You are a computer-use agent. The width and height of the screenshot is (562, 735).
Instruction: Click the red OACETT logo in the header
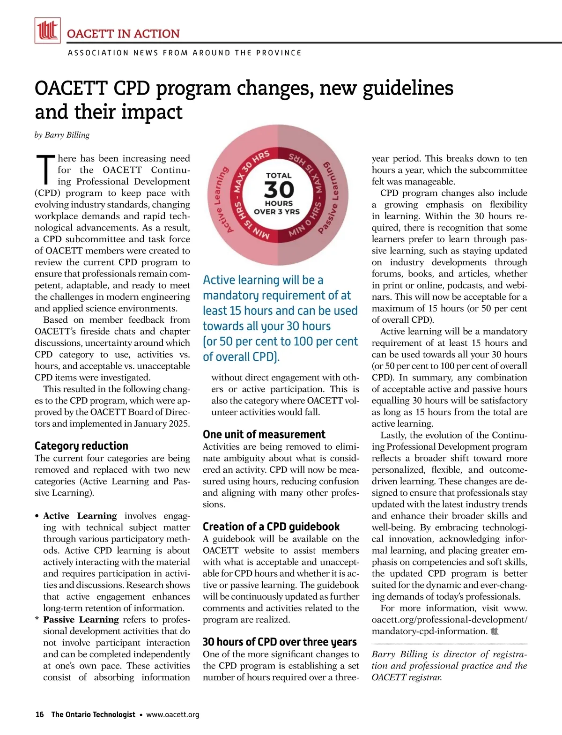(x=47, y=30)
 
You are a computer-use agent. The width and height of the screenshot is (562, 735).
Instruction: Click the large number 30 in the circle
(x=279, y=190)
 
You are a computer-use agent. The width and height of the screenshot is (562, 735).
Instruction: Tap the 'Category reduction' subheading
(x=81, y=445)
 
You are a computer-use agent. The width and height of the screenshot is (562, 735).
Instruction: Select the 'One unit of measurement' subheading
(x=264, y=434)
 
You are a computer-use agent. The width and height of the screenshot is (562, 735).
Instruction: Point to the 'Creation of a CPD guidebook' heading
(x=271, y=527)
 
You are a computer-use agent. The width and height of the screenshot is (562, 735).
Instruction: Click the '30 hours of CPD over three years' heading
(x=280, y=642)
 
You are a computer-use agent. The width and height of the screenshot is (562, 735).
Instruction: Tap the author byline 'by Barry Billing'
(x=62, y=135)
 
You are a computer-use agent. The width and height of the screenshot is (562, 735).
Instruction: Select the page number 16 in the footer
(x=39, y=714)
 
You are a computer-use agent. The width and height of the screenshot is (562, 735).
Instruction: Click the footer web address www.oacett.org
(x=172, y=714)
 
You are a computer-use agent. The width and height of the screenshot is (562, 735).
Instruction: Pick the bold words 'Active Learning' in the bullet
(x=80, y=516)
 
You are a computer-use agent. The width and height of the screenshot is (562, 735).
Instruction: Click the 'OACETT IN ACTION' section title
(x=123, y=34)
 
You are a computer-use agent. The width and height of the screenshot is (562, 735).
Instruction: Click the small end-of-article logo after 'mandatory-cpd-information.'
(x=494, y=631)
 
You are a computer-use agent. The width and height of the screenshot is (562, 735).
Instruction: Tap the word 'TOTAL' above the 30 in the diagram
(x=279, y=175)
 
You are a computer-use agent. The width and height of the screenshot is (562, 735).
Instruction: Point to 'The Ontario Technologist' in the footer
(x=93, y=714)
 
